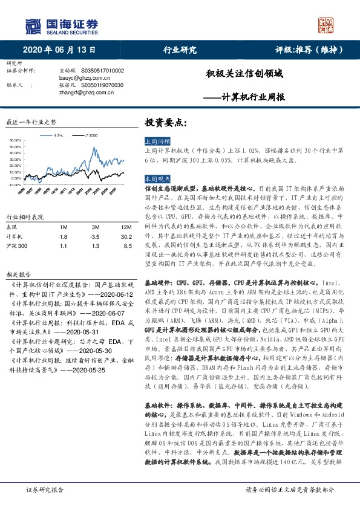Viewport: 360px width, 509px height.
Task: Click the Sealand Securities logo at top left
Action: tap(61, 25)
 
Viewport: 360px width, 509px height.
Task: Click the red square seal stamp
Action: tap(327, 25)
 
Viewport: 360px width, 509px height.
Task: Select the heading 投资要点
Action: tap(166, 123)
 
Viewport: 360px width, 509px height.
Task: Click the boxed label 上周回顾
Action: tap(157, 140)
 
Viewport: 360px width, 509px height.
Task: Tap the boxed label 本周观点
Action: tap(157, 179)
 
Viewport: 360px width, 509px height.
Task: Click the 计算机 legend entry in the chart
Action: tap(58, 135)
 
